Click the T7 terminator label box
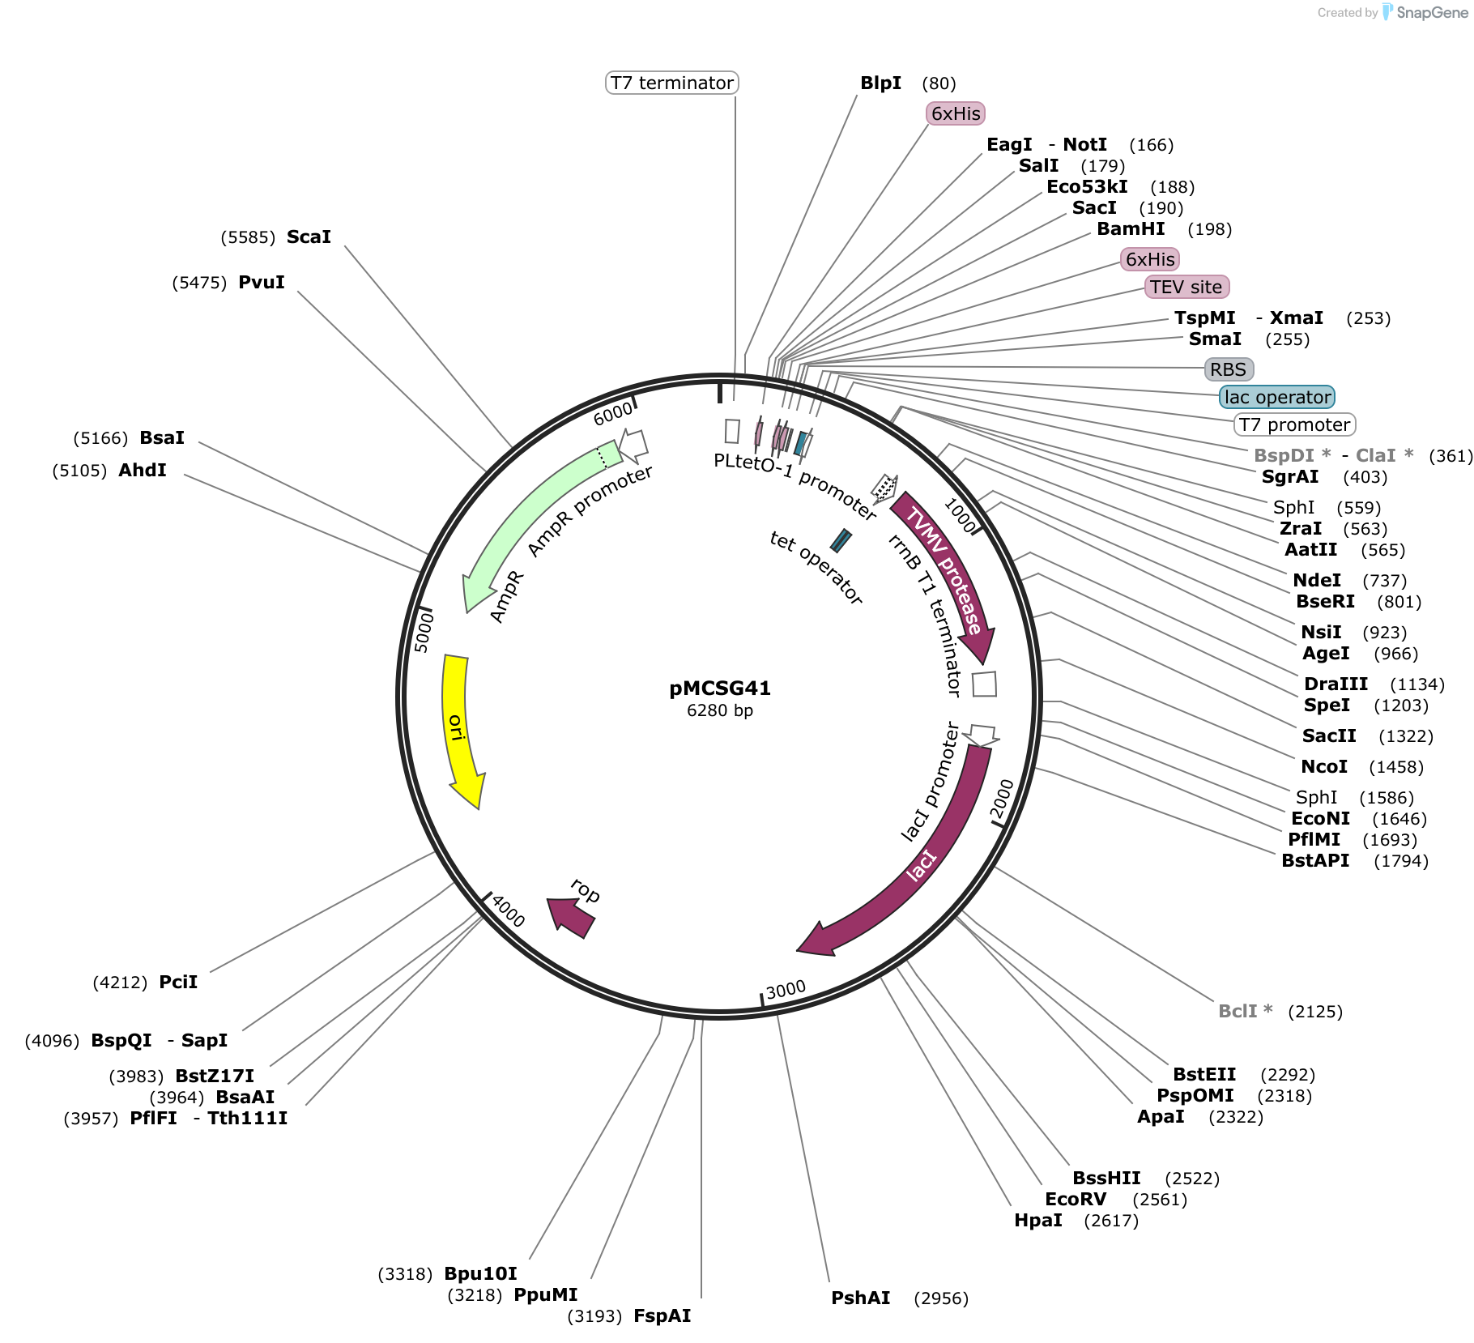(x=671, y=83)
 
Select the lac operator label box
(x=1276, y=397)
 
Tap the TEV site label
(x=1186, y=287)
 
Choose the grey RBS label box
(x=1228, y=369)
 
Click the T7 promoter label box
(x=1294, y=424)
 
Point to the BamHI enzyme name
(x=1131, y=229)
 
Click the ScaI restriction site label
(x=309, y=237)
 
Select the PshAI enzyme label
(x=860, y=1298)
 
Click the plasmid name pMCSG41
(x=719, y=689)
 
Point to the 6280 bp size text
(x=719, y=711)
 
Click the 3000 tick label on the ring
(x=786, y=989)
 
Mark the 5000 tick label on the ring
(x=424, y=633)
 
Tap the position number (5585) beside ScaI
(x=248, y=237)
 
